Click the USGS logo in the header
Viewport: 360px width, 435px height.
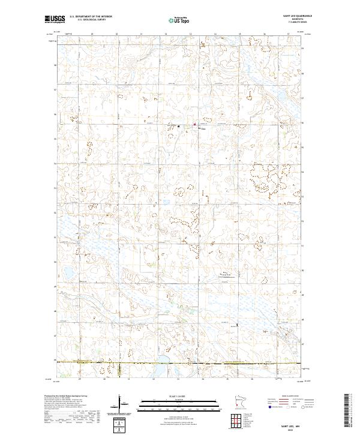point(55,19)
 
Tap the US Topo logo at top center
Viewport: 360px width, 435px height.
point(179,20)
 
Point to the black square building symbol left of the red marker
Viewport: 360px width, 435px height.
point(178,125)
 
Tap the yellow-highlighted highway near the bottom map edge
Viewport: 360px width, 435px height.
point(180,363)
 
